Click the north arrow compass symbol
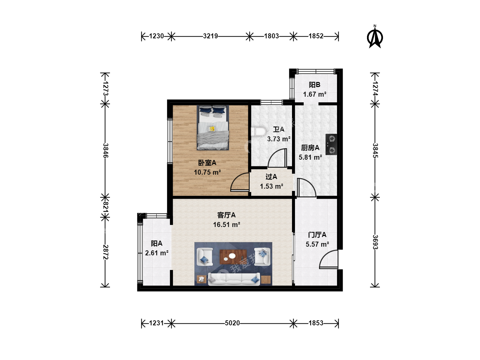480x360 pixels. click(375, 37)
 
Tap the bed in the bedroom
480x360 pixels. click(213, 128)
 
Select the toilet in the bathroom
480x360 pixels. click(259, 131)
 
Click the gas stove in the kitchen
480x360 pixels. click(331, 144)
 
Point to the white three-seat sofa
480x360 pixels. click(234, 279)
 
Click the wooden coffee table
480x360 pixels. click(233, 257)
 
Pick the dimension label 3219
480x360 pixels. click(210, 36)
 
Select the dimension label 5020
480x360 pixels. click(232, 323)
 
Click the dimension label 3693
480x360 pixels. click(375, 242)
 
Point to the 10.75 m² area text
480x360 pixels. click(207, 172)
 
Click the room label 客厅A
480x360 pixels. click(226, 215)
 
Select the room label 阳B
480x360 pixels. click(314, 85)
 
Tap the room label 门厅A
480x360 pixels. click(317, 235)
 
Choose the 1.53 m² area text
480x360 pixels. click(271, 186)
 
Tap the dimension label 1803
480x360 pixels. click(271, 36)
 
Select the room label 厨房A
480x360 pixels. click(310, 148)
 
